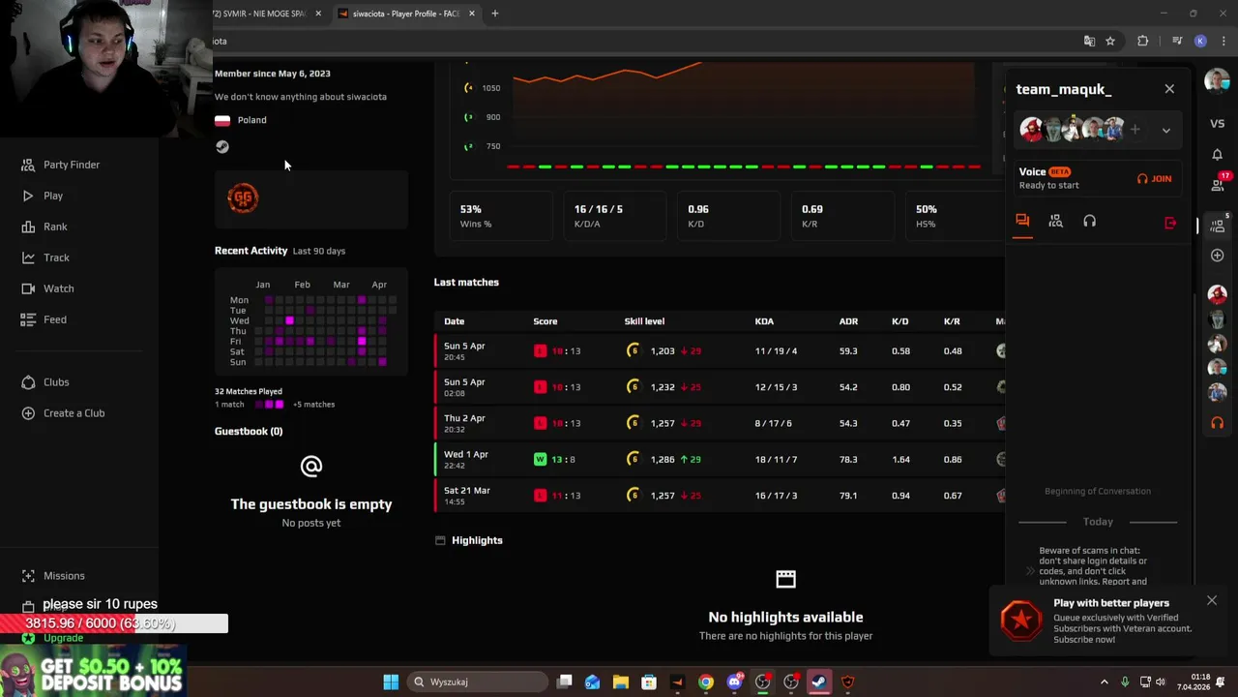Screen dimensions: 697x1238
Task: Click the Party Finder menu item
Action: pyautogui.click(x=71, y=165)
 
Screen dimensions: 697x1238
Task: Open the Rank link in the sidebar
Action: pyautogui.click(x=55, y=227)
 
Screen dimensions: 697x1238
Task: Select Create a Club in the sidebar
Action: pyautogui.click(x=74, y=413)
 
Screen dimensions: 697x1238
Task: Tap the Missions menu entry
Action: pyautogui.click(x=64, y=576)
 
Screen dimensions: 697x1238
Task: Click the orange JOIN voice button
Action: pyautogui.click(x=1155, y=179)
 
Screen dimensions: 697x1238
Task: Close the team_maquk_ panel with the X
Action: pyautogui.click(x=1169, y=89)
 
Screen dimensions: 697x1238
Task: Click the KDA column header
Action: pyautogui.click(x=764, y=321)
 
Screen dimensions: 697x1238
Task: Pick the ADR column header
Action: pyautogui.click(x=848, y=321)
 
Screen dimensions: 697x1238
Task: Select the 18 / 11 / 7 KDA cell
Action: pyautogui.click(x=776, y=460)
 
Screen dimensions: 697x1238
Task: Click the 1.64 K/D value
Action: pyautogui.click(x=899, y=460)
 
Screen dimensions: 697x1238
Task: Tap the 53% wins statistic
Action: pyautogui.click(x=471, y=209)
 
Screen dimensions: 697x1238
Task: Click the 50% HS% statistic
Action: pyautogui.click(x=927, y=209)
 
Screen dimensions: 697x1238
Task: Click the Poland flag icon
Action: pyautogui.click(x=222, y=120)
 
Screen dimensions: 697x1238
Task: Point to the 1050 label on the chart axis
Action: pyautogui.click(x=491, y=88)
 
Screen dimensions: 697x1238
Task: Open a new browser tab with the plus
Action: pyautogui.click(x=494, y=14)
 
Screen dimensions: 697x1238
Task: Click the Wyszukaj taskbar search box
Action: pyautogui.click(x=479, y=682)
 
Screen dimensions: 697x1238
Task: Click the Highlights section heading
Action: pyautogui.click(x=477, y=540)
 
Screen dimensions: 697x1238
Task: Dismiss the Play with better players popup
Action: pyautogui.click(x=1211, y=601)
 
